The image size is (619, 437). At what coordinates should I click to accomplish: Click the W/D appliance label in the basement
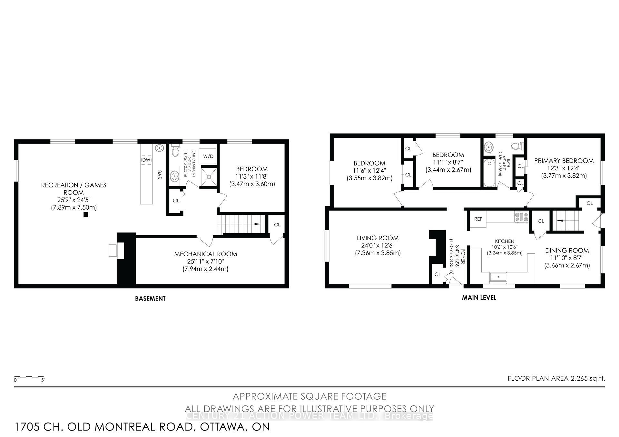(208, 156)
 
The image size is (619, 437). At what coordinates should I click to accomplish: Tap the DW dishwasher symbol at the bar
(146, 160)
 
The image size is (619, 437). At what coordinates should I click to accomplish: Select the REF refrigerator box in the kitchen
(478, 219)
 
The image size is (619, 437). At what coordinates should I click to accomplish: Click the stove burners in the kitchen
(521, 217)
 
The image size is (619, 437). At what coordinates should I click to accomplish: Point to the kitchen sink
(498, 277)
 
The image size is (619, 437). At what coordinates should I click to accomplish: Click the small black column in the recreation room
(86, 214)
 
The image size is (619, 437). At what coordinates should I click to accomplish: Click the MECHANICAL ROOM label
(206, 254)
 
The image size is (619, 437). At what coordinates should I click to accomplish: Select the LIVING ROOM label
(378, 238)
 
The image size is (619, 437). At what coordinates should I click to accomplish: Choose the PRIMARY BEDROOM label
(564, 161)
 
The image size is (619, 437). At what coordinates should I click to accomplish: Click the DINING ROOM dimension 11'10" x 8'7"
(567, 258)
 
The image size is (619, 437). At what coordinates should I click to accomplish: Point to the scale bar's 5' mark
(43, 380)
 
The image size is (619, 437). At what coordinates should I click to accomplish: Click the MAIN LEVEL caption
(479, 298)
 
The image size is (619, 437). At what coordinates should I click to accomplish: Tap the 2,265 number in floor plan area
(578, 378)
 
